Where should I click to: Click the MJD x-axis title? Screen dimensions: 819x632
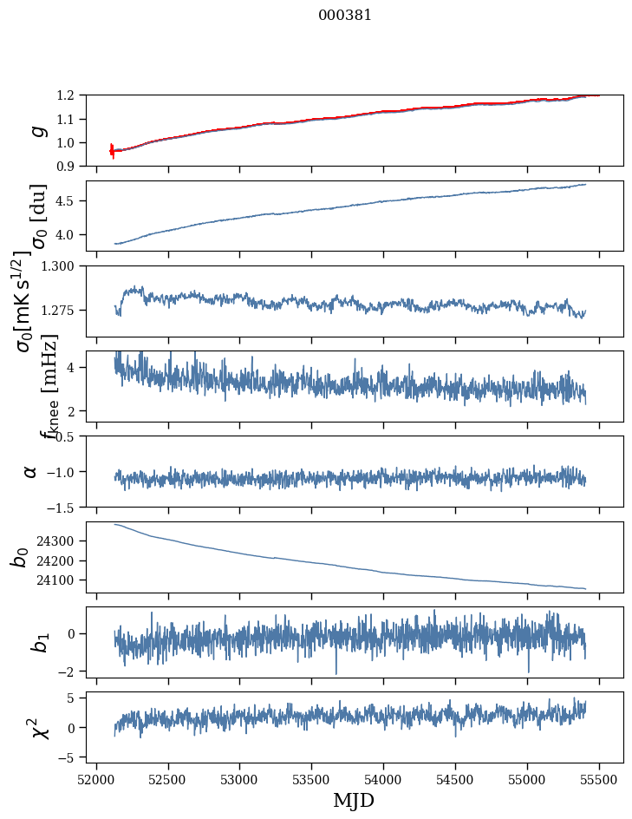(x=355, y=800)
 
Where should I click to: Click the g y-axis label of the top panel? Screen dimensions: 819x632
(x=36, y=130)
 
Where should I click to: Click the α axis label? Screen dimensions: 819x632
(x=31, y=471)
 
